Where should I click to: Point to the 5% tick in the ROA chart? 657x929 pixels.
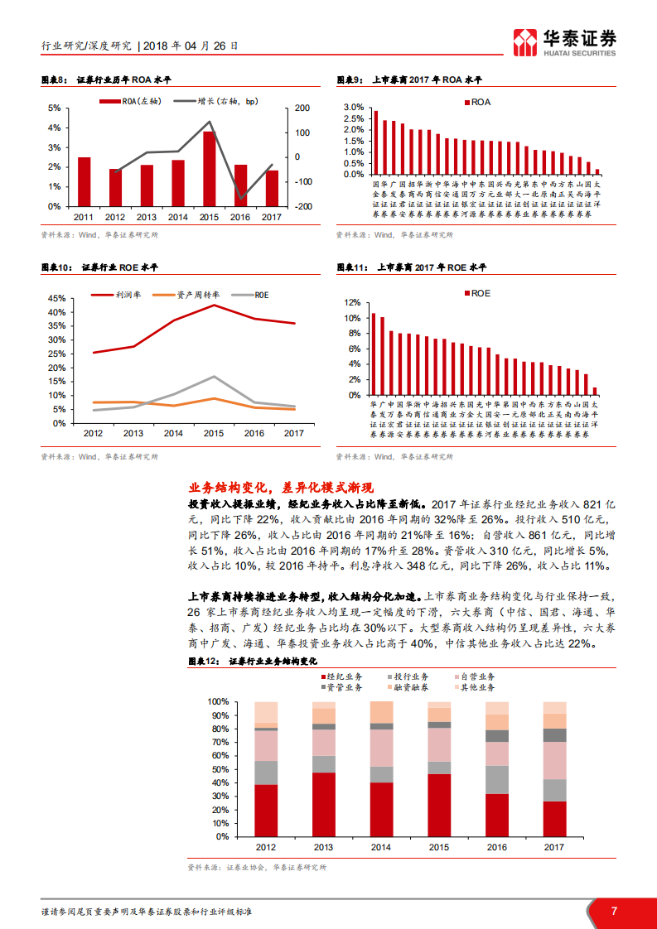(x=54, y=108)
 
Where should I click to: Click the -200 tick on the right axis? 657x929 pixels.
(x=302, y=206)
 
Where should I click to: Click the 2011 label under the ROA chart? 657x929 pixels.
(x=84, y=217)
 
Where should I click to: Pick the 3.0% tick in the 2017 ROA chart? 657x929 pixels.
(x=353, y=107)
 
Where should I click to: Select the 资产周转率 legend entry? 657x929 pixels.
(x=191, y=295)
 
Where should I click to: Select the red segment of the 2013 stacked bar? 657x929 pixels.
(x=324, y=804)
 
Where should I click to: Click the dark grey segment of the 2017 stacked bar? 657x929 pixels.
(x=554, y=735)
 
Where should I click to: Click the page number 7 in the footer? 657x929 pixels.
(x=614, y=911)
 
